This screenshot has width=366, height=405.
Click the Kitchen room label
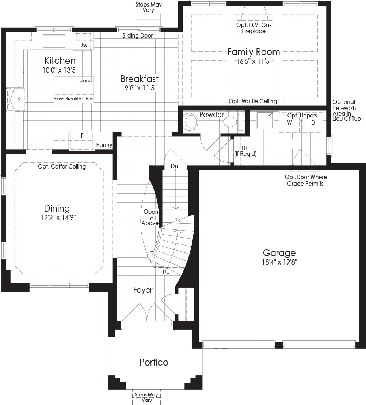tap(60, 61)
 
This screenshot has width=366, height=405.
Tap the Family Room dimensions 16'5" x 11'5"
tap(254, 61)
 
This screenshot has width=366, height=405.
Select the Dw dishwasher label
tap(83, 45)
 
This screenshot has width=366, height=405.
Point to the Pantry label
tap(104, 145)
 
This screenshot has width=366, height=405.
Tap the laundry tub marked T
tap(266, 120)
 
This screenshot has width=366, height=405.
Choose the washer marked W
tap(289, 123)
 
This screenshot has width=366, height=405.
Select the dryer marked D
tap(312, 123)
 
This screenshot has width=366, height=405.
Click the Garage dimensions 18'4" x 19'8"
tap(279, 262)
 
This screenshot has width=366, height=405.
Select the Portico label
tap(154, 362)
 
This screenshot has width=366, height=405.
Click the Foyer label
tap(143, 290)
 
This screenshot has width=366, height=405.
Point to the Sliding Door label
tap(138, 36)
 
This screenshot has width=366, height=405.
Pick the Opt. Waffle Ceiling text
tap(253, 101)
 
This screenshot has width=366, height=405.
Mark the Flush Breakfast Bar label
tap(73, 99)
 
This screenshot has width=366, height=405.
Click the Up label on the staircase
tap(166, 272)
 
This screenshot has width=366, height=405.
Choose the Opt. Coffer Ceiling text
tap(62, 167)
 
